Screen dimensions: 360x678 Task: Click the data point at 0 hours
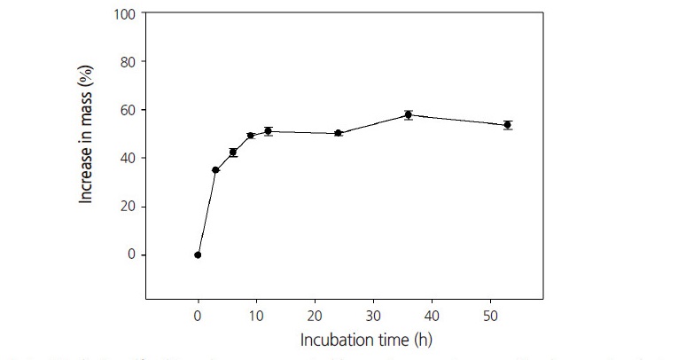[198, 254]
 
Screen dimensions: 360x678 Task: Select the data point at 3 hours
[215, 170]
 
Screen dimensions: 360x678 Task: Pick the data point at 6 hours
[233, 153]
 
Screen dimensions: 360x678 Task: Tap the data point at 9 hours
[251, 136]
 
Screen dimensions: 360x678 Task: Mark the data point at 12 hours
[268, 131]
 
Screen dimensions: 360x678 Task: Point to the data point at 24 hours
[339, 133]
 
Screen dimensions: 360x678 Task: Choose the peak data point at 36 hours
[409, 114]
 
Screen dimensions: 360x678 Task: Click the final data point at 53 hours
[508, 125]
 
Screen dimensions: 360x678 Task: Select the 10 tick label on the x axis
[256, 315]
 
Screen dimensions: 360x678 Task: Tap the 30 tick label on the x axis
[373, 315]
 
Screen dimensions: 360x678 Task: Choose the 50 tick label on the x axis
[490, 315]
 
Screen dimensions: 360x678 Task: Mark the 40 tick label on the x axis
[432, 315]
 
